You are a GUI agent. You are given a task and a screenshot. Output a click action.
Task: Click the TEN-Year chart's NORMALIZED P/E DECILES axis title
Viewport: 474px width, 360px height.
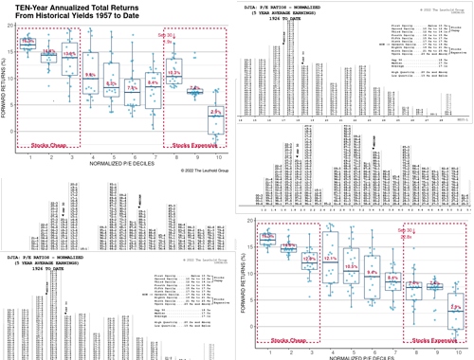[121, 165]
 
